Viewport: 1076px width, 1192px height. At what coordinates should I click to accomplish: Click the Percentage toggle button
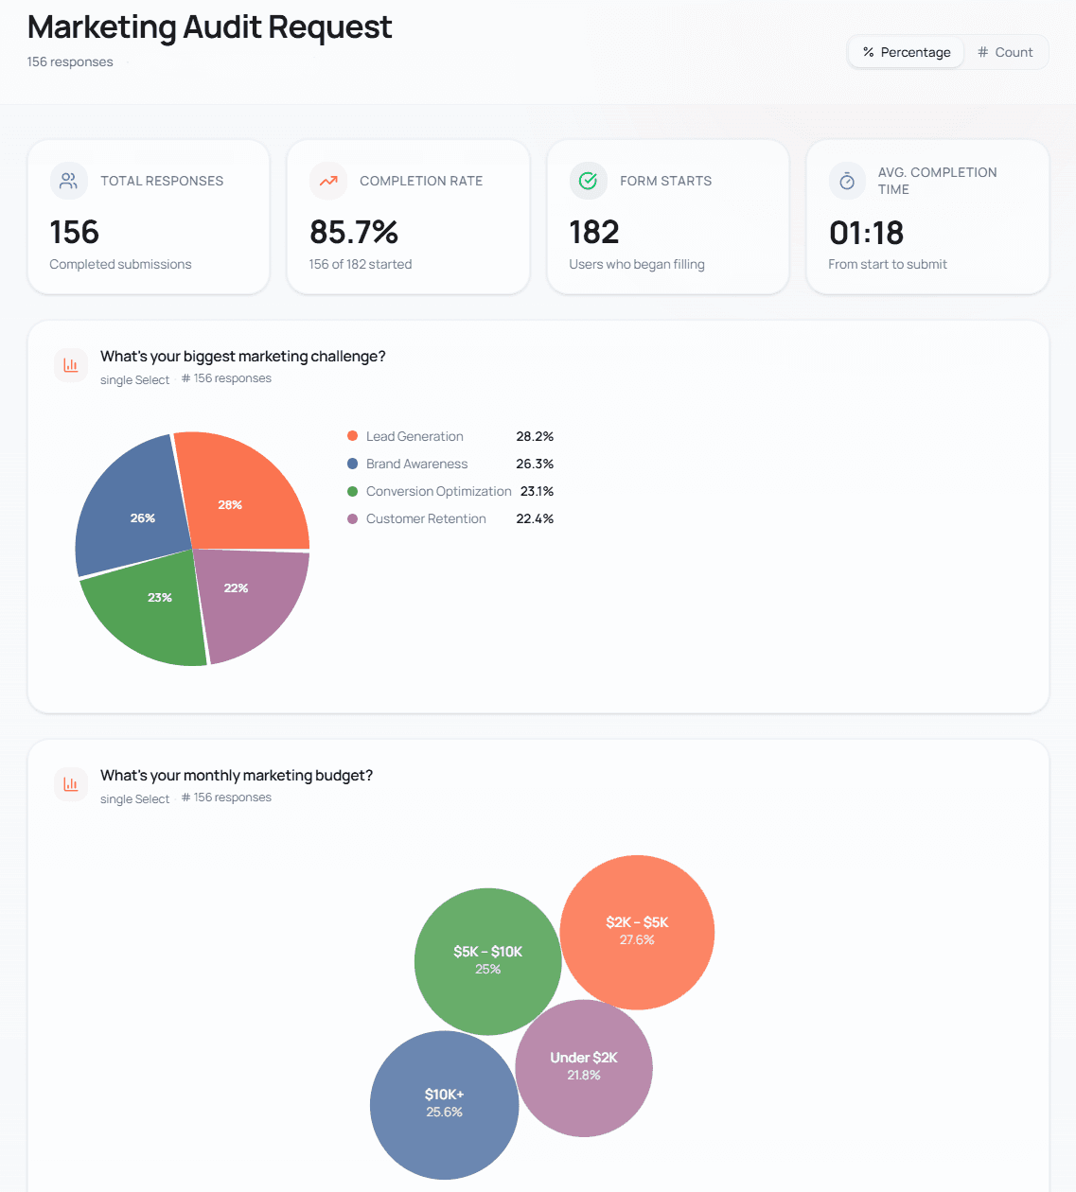coord(907,52)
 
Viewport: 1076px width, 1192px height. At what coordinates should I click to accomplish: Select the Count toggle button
coord(1005,52)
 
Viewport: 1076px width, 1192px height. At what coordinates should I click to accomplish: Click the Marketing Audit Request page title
coord(209,27)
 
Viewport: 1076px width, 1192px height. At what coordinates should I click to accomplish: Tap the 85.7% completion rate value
coord(354,232)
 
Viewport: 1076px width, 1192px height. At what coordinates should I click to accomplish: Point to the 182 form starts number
coord(594,232)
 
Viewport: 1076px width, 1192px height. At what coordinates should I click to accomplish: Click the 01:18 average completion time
coord(866,233)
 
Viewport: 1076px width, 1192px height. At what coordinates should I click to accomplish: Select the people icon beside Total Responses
coord(69,181)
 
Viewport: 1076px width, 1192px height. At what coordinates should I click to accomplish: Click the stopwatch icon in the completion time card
coord(847,181)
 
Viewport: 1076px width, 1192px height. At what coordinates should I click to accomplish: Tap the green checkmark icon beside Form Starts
coord(588,181)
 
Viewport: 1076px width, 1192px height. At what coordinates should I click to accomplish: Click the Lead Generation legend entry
coord(415,436)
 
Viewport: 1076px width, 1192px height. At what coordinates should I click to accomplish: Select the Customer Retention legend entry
coord(426,518)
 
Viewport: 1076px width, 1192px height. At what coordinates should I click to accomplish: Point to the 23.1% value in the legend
coord(537,491)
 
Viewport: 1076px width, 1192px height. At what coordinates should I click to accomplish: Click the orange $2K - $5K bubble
coord(637,931)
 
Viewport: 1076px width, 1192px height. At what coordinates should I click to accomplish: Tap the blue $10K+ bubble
coord(444,1103)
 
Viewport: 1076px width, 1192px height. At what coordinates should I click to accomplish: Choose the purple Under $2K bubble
coord(584,1066)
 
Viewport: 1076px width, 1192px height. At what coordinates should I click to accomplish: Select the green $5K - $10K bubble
coord(487,960)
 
